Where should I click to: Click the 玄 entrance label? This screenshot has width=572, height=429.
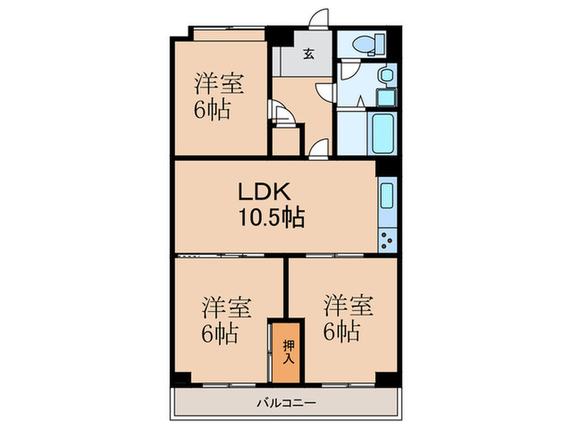click(x=310, y=55)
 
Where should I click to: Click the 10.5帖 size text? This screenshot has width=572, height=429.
click(x=271, y=217)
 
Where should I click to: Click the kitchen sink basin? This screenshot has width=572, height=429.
click(x=387, y=199)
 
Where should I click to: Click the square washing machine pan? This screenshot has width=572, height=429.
click(x=386, y=96)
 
